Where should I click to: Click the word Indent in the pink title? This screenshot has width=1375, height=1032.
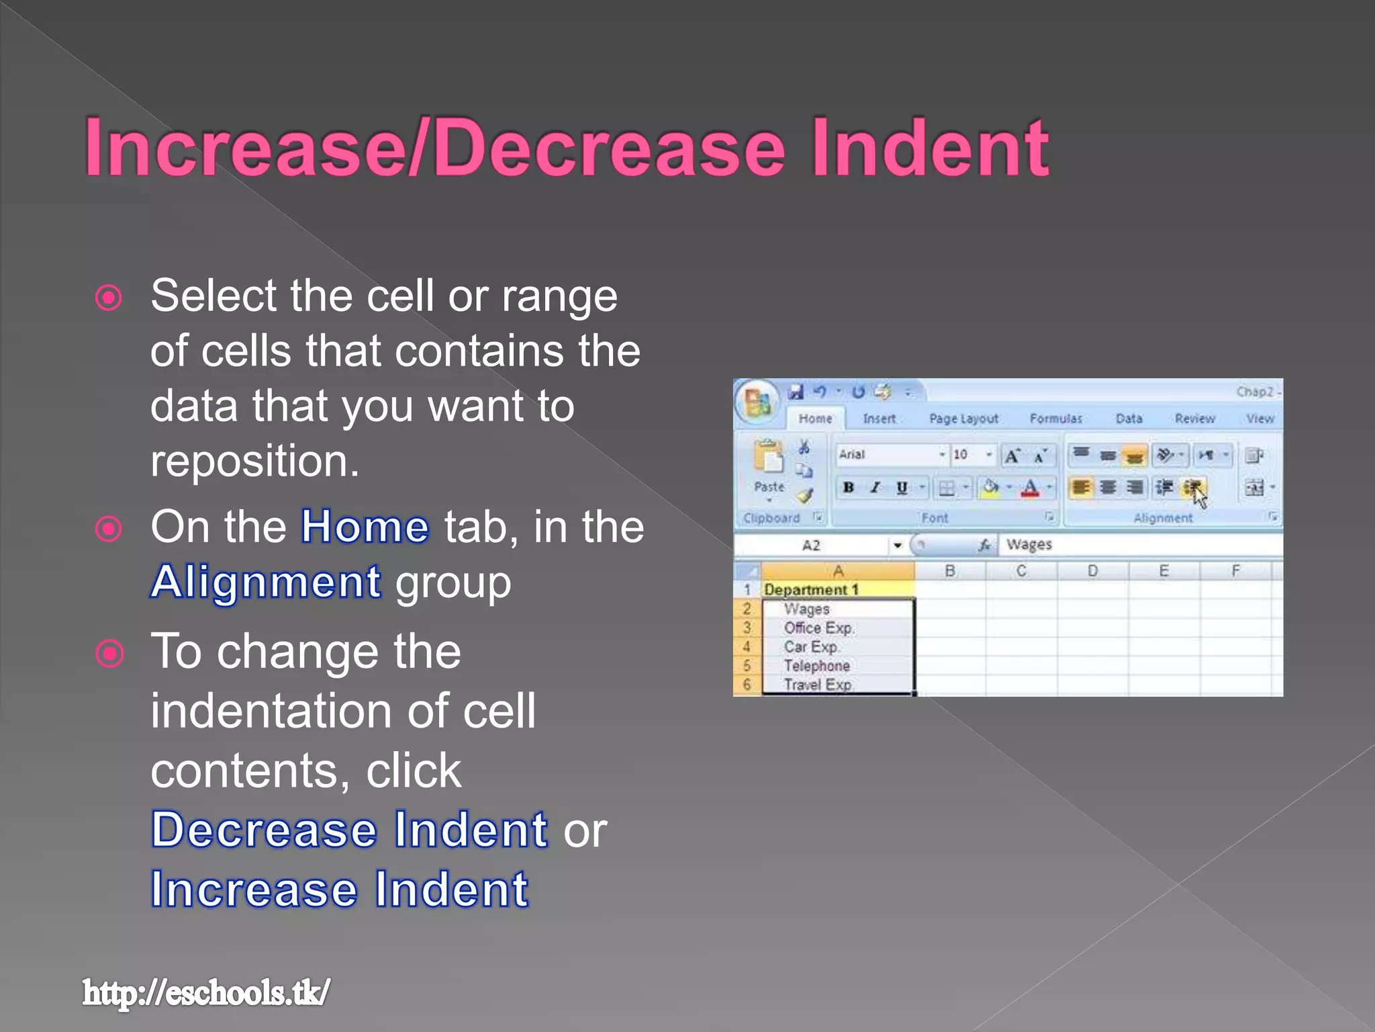click(929, 148)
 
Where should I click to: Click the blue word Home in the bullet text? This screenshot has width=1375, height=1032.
click(365, 527)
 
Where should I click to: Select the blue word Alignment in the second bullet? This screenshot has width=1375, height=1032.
click(266, 582)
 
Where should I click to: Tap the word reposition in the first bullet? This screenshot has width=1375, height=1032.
click(254, 462)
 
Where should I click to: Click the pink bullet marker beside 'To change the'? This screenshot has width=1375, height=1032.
click(109, 653)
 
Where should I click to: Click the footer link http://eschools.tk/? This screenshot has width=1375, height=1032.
click(205, 993)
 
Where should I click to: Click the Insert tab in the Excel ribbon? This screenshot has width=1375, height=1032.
click(879, 419)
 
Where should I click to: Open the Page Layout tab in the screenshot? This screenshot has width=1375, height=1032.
click(963, 419)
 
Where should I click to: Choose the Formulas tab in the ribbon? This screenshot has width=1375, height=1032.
click(1055, 419)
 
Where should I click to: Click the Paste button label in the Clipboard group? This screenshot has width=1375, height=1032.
click(769, 486)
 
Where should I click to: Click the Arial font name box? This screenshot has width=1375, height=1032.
click(886, 455)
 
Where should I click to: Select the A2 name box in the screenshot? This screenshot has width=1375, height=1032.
click(812, 546)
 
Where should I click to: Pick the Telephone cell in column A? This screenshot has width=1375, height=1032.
click(817, 666)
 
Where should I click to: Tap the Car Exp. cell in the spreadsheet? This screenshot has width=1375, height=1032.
click(811, 647)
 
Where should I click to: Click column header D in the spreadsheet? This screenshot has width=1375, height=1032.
click(1092, 571)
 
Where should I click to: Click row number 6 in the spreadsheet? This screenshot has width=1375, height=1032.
click(747, 685)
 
